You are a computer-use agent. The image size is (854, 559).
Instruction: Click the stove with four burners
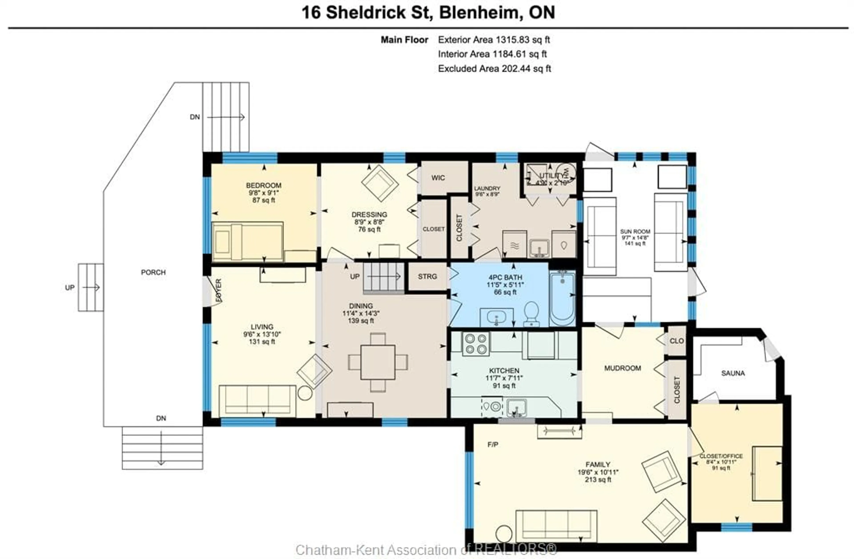click(x=476, y=343)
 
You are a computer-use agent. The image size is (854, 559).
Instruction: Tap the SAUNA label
click(x=733, y=373)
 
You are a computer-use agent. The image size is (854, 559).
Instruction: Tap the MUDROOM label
click(x=622, y=368)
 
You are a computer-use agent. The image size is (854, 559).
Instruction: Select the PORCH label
click(x=153, y=272)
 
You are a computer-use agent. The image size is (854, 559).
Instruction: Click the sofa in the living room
click(x=257, y=401)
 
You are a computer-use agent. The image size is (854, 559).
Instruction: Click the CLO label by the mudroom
click(x=677, y=341)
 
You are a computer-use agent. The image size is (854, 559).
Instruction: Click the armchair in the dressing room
click(x=380, y=183)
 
